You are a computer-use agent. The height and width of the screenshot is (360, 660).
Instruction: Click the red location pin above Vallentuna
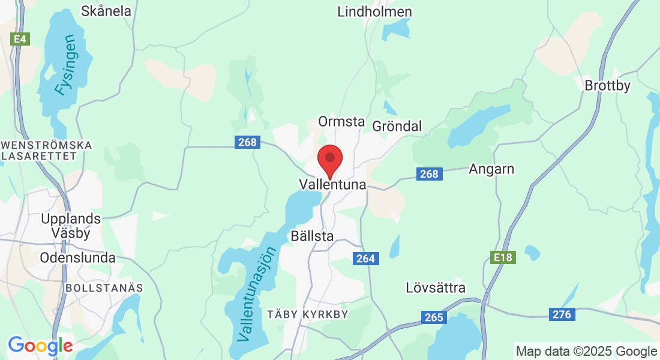[x=329, y=159]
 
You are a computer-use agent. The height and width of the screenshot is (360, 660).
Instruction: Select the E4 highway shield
[x=20, y=39]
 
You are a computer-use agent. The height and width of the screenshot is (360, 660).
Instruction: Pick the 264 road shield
[x=365, y=259]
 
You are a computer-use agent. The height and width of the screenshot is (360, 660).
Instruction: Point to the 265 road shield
[x=433, y=318]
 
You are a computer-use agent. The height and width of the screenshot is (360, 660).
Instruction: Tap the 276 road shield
[x=562, y=314]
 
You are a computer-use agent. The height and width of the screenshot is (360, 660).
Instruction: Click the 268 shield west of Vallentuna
[x=247, y=142]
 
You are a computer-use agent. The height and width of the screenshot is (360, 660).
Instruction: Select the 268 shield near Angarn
[x=429, y=174]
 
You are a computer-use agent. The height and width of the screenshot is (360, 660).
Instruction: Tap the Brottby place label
[x=608, y=86]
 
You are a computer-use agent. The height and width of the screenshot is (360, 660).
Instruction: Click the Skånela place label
[x=106, y=11]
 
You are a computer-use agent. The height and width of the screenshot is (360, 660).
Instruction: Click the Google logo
[x=40, y=346]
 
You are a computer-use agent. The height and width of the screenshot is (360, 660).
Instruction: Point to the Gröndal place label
[x=397, y=126]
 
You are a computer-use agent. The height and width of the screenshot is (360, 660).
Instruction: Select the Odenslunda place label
[x=77, y=258]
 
